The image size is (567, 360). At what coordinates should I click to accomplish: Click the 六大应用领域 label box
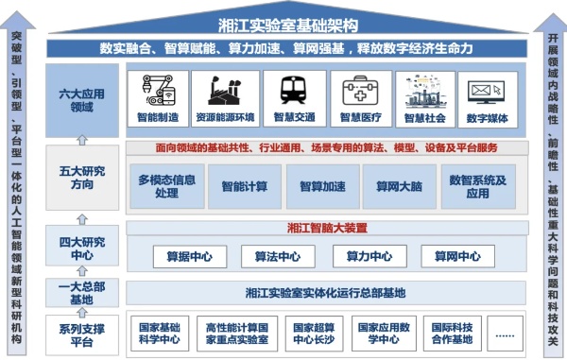click(82, 99)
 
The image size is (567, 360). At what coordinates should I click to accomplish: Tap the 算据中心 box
click(188, 256)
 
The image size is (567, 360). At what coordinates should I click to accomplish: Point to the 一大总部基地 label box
click(82, 293)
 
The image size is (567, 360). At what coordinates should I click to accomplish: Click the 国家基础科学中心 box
click(159, 334)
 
